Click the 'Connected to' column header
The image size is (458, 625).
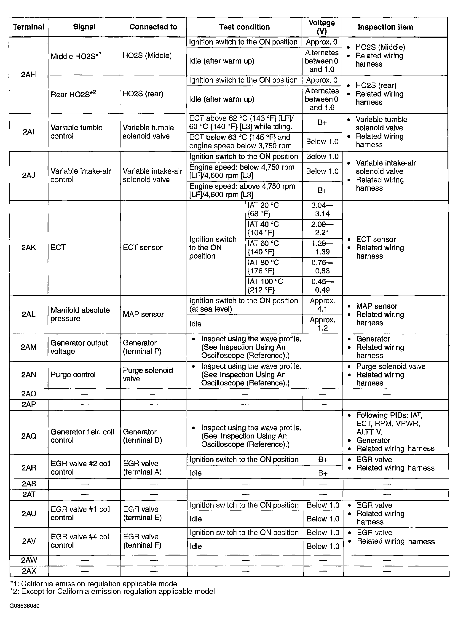(x=153, y=27)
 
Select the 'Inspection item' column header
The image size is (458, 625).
(x=385, y=27)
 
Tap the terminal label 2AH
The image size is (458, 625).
(x=28, y=75)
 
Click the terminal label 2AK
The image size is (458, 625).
(x=28, y=248)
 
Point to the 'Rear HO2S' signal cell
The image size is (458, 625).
(x=73, y=94)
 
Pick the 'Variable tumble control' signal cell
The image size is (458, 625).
(x=76, y=132)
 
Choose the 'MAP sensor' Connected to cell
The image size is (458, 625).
(x=143, y=314)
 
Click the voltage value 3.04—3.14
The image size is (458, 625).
(x=322, y=210)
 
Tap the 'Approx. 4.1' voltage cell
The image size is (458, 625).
(x=322, y=305)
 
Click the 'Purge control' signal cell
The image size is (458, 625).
(x=73, y=375)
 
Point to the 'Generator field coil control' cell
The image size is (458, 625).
(x=82, y=436)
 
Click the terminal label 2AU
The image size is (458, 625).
(x=29, y=514)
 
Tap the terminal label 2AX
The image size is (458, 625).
(x=29, y=571)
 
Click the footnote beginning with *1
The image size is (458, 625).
(x=94, y=584)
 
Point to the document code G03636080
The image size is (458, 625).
(x=24, y=606)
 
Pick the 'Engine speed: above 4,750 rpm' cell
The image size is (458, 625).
(x=242, y=190)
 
